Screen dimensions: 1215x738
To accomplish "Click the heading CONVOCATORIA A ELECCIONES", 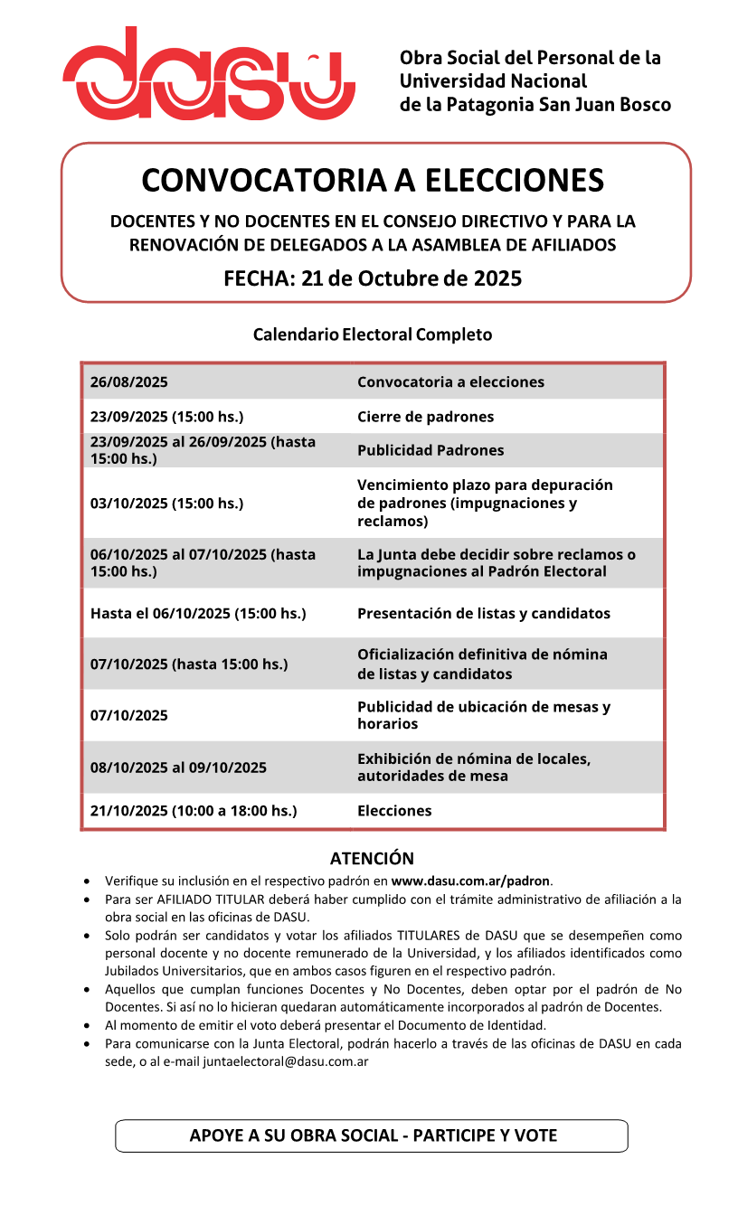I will (373, 180).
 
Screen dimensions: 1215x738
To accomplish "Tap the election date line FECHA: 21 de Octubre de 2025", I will (373, 278).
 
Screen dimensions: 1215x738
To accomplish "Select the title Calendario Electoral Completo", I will (373, 334).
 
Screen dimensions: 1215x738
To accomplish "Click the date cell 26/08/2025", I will (129, 382).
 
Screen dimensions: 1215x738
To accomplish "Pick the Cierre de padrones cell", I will (425, 417).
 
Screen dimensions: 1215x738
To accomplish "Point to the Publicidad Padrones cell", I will (430, 450).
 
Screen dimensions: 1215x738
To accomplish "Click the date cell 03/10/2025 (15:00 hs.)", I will (166, 504).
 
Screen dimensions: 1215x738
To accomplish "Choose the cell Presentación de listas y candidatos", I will (483, 614).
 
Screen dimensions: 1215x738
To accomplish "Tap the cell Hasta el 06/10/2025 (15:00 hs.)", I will (198, 614).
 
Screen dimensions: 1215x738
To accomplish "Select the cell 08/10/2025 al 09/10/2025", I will (178, 768).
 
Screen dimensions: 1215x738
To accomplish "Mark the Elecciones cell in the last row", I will (394, 811).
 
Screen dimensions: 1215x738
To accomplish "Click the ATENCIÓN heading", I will (372, 859).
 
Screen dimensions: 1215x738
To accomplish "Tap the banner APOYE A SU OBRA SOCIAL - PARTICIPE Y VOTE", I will (373, 1135).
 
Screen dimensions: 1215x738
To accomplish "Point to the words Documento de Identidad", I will (478, 1025).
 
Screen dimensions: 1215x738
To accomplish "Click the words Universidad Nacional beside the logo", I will (493, 81).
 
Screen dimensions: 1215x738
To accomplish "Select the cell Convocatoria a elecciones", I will (450, 382).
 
